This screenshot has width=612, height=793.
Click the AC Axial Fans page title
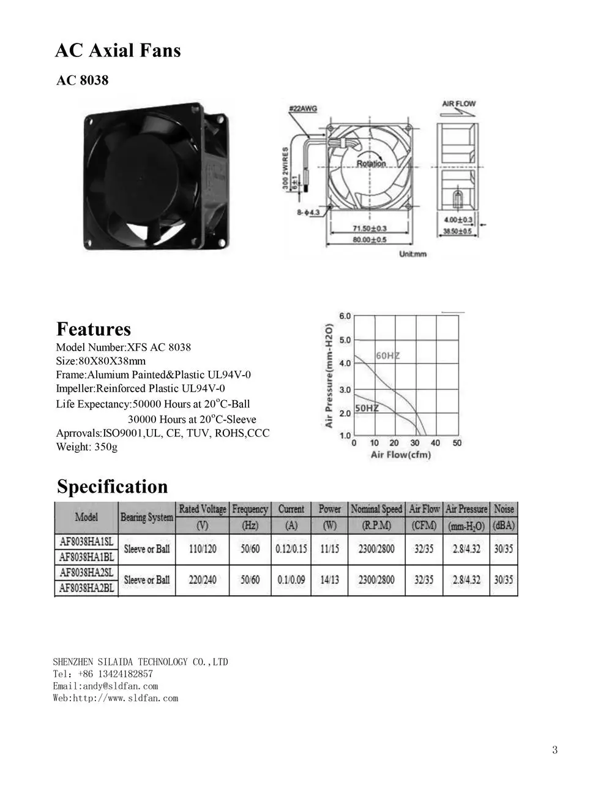(118, 50)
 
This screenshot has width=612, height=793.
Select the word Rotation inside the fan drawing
(371, 163)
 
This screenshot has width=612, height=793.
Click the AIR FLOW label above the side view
(458, 104)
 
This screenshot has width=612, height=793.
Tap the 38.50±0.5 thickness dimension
(457, 232)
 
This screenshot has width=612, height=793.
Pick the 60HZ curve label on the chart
(386, 355)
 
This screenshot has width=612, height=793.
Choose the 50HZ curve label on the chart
(367, 408)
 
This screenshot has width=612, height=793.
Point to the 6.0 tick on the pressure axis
(345, 316)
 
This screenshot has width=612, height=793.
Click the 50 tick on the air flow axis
(457, 442)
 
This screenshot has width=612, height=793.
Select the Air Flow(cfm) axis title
(401, 455)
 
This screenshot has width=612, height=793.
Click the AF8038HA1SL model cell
(86, 541)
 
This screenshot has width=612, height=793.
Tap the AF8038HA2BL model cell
(86, 588)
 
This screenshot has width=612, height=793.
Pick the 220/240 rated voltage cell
(203, 580)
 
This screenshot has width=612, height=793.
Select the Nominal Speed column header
(376, 509)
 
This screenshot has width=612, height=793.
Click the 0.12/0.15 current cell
(291, 548)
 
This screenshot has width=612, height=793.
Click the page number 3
(554, 750)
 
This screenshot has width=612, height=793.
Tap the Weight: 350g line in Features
(86, 447)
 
